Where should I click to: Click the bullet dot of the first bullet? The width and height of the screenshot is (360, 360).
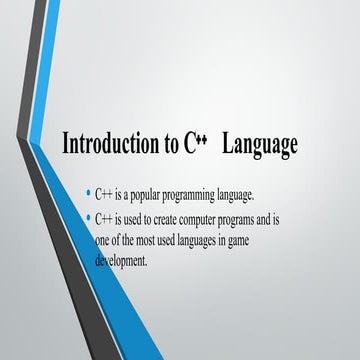coord(89,193)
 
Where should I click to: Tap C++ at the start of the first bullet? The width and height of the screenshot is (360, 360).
coord(104,194)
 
